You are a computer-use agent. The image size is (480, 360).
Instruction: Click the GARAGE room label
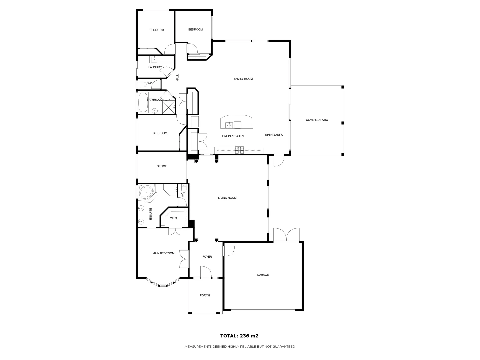pyautogui.click(x=263, y=275)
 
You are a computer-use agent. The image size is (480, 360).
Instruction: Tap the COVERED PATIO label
pyautogui.click(x=317, y=120)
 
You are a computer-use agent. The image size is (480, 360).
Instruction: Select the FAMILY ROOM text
pyautogui.click(x=243, y=79)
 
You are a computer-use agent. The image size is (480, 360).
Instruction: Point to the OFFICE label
pyautogui.click(x=162, y=166)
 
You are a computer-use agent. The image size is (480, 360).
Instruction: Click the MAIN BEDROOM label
pyautogui.click(x=163, y=253)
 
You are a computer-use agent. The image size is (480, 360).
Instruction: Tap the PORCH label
pyautogui.click(x=205, y=295)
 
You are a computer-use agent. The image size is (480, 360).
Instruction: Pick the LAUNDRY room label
pyautogui.click(x=155, y=67)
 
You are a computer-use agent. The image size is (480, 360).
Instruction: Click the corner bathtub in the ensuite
pyautogui.click(x=146, y=193)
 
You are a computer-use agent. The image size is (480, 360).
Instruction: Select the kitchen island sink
pyautogui.click(x=229, y=125)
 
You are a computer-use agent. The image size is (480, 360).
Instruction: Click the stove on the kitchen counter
pyautogui.click(x=239, y=150)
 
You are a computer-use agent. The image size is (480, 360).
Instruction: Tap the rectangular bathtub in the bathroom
pyautogui.click(x=143, y=102)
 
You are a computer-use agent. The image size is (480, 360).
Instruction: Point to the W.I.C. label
pyautogui.click(x=174, y=218)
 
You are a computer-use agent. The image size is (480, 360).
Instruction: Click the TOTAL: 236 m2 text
pyautogui.click(x=239, y=336)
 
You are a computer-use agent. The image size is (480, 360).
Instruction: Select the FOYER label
pyautogui.click(x=207, y=257)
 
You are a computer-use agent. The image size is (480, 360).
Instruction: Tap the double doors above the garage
pyautogui.click(x=286, y=235)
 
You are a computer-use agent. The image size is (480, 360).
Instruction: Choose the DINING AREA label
pyautogui.click(x=274, y=135)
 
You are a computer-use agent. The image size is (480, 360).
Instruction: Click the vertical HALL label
pyautogui.click(x=178, y=78)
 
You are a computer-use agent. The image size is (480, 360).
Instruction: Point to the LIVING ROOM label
pyautogui.click(x=227, y=198)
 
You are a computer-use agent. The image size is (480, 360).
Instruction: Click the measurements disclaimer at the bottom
pyautogui.click(x=240, y=347)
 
